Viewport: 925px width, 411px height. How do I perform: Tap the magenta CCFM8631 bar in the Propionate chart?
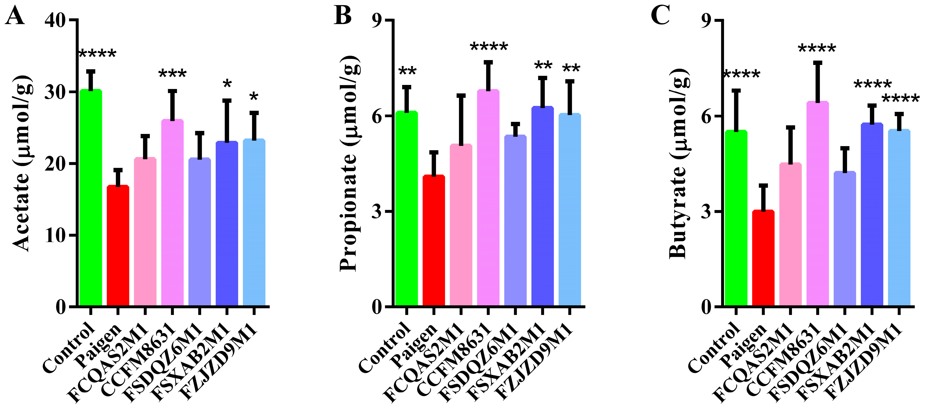(x=488, y=198)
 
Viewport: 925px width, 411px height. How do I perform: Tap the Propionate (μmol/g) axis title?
(x=349, y=164)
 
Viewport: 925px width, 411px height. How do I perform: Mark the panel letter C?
(x=660, y=16)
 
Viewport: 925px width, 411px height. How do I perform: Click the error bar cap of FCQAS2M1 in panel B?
(x=461, y=96)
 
